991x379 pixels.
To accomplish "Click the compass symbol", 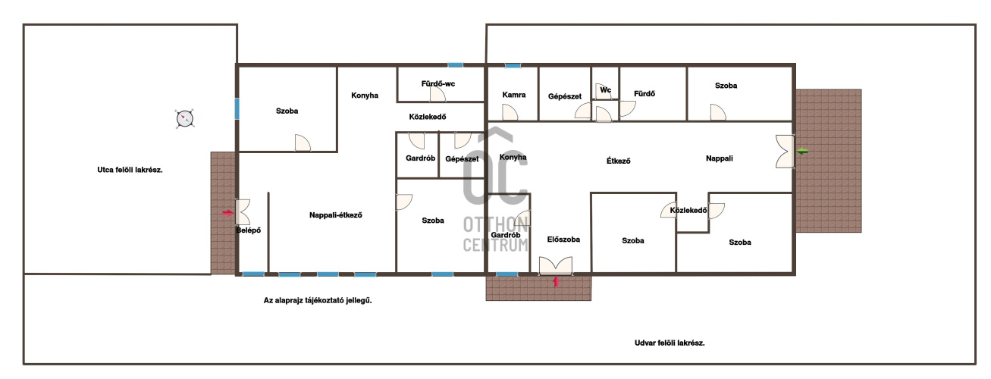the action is pos(184,118).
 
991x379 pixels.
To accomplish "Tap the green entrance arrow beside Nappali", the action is pos(802,152).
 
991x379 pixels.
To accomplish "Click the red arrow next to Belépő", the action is pos(227,213).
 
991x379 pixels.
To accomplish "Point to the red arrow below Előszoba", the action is pos(556,281).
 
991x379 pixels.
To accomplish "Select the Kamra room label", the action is pos(514,95).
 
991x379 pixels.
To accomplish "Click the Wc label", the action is pos(605,89).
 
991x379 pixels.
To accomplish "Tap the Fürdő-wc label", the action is pos(438,83).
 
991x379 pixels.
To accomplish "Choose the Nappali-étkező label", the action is pos(336,215).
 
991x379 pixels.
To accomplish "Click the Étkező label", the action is pos(619,161).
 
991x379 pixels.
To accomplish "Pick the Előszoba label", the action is pos(563,240).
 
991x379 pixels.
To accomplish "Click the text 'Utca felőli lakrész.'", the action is pos(130,170).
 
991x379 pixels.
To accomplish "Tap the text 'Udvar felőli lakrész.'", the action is pos(670,343).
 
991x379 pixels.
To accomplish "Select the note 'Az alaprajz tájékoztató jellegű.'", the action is pos(318,300).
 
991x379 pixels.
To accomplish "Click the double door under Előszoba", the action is pos(556,265).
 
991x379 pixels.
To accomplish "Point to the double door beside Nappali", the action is pos(785,152).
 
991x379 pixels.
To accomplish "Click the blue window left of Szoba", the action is pos(237,109).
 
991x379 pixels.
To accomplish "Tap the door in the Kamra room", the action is pos(510,112).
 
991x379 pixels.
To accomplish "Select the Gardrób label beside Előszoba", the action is pos(506,235).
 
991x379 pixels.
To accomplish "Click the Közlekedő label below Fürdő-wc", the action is pos(428,117).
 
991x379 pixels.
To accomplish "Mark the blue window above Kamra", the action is pos(513,66).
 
